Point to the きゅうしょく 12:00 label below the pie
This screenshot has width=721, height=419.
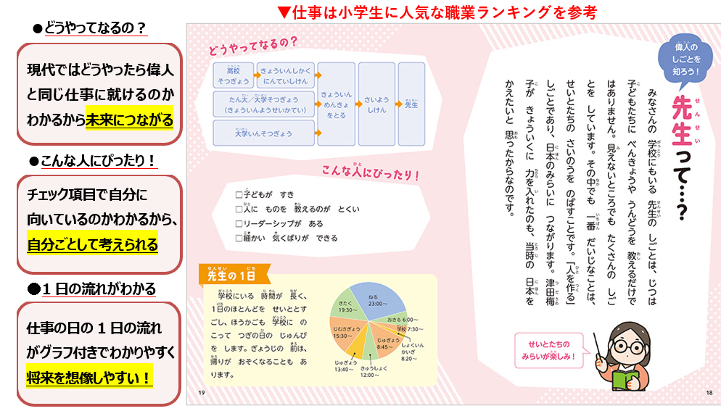coord(370,371)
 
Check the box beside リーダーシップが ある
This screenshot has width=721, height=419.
coord(239,223)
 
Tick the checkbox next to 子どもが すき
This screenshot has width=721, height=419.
coord(239,194)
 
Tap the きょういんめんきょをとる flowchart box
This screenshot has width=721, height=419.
coord(336,104)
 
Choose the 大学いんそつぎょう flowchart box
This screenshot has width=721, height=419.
coord(263,133)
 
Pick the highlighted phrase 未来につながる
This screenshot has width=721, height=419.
coord(129,120)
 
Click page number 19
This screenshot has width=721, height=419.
coord(201,392)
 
